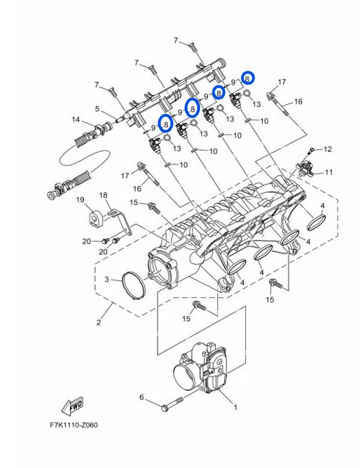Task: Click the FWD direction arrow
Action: tap(72, 406)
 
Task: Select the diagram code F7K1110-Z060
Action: tap(73, 425)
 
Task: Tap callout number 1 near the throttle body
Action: tap(235, 407)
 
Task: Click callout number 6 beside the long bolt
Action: tap(142, 397)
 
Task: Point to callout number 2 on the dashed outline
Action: tap(99, 322)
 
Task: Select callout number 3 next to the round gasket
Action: tap(107, 279)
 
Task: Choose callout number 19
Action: tap(80, 199)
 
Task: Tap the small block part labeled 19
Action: tap(96, 219)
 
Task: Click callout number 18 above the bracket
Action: tap(103, 195)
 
